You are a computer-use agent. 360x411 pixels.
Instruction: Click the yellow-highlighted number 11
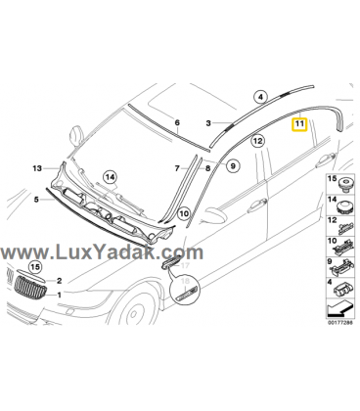coord(299,124)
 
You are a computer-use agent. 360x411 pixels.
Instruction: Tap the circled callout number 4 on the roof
coord(260,97)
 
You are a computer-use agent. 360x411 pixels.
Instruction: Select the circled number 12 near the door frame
coord(257,141)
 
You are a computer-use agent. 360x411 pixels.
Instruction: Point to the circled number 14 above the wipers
coord(111,177)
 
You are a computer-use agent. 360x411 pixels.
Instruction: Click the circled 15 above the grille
coord(35,267)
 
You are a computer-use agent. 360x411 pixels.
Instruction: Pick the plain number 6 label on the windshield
coord(177,123)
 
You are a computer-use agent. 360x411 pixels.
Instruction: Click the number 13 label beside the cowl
coord(37,168)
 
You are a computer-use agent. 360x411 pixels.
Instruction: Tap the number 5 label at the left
coord(36,200)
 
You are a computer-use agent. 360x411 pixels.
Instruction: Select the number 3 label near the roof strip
coord(208,123)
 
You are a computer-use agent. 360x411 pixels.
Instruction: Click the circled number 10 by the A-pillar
coord(184,213)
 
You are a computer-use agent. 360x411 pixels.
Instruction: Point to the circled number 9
coord(233,166)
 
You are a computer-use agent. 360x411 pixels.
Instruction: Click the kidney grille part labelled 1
coord(30,286)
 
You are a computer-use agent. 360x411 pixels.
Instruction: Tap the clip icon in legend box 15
coord(346,184)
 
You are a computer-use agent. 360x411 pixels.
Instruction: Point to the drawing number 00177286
coord(339,323)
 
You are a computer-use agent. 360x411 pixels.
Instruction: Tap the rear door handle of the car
coord(326,160)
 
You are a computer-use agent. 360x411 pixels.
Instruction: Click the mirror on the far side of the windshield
coord(76,134)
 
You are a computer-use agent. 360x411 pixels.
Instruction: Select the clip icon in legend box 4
coord(344,290)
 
